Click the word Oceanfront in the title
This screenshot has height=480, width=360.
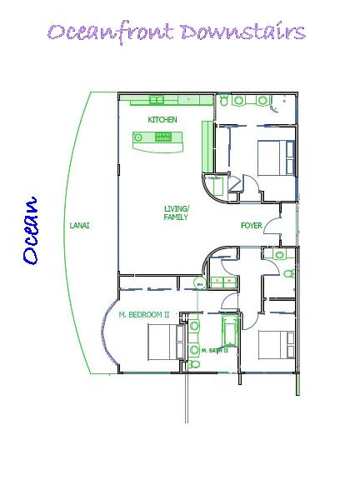[x=111, y=33]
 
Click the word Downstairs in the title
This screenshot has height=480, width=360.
[x=243, y=32]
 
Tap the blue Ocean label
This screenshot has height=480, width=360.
[x=31, y=231]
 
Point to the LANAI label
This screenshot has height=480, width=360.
[x=80, y=226]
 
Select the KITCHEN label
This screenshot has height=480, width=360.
[x=162, y=119]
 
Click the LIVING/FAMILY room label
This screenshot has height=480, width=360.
[x=177, y=212]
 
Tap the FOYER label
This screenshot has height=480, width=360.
[x=252, y=226]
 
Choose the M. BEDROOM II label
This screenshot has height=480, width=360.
[x=144, y=314]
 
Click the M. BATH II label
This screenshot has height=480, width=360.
[x=214, y=351]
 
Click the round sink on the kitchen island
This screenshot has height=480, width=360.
[x=138, y=137]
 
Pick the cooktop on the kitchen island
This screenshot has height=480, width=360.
[x=163, y=137]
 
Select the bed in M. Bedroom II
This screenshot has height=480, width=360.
[x=167, y=342]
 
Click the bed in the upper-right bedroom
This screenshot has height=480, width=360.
[x=276, y=157]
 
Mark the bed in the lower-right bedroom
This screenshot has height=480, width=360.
[x=277, y=345]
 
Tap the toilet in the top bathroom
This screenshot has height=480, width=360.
[x=224, y=100]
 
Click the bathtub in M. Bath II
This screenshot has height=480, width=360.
[x=231, y=332]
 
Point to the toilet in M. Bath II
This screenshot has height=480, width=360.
[x=193, y=364]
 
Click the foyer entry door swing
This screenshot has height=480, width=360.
[x=272, y=226]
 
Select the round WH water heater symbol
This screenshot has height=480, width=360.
[x=200, y=284]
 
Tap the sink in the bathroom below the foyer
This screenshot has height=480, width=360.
[x=279, y=254]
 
